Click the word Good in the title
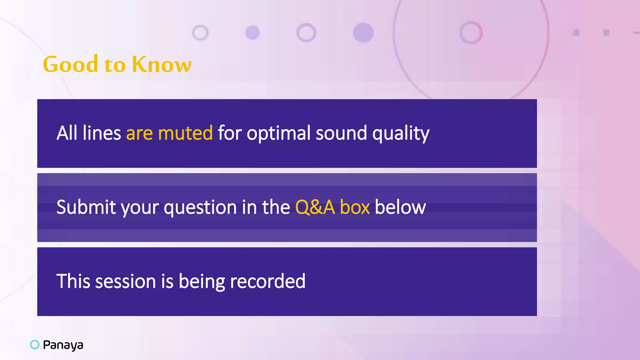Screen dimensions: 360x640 tap(71, 64)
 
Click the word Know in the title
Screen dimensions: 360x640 tap(161, 64)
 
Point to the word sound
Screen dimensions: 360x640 tap(341, 133)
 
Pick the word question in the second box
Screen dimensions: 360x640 tap(200, 207)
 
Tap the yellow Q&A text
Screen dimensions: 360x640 tap(315, 207)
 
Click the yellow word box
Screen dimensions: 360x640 tap(355, 207)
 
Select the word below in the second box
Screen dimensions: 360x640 tap(400, 207)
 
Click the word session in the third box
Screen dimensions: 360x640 tap(125, 281)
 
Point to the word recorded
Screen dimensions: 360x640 tap(267, 281)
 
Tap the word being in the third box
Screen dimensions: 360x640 tap(202, 282)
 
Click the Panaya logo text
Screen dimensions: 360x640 tap(63, 345)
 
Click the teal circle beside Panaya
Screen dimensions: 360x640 tap(35, 344)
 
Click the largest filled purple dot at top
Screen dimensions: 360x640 tap(363, 32)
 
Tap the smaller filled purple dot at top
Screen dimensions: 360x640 tap(252, 32)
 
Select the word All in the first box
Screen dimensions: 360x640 tap(67, 133)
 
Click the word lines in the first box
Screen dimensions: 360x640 tap(102, 133)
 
